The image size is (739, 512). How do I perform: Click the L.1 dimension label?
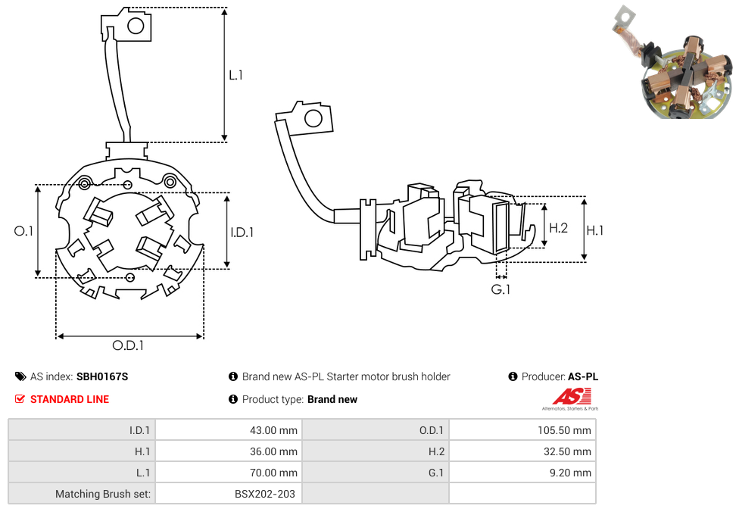pyautogui.click(x=235, y=75)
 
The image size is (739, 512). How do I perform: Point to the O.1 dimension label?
pyautogui.click(x=23, y=231)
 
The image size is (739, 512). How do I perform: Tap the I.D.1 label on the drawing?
pyautogui.click(x=242, y=233)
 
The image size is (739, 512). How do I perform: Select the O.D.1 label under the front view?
pyautogui.click(x=128, y=346)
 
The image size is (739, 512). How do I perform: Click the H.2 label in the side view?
pyautogui.click(x=558, y=227)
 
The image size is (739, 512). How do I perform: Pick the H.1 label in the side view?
pyautogui.click(x=595, y=229)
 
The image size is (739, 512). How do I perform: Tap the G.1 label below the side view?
pyautogui.click(x=500, y=289)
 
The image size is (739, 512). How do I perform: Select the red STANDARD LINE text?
pyautogui.click(x=70, y=399)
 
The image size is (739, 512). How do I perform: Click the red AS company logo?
pyautogui.click(x=572, y=396)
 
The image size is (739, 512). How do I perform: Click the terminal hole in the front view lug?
pyautogui.click(x=136, y=27)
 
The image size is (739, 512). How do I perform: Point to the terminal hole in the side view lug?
pyautogui.click(x=312, y=118)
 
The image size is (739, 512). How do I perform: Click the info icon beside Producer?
pyautogui.click(x=513, y=376)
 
